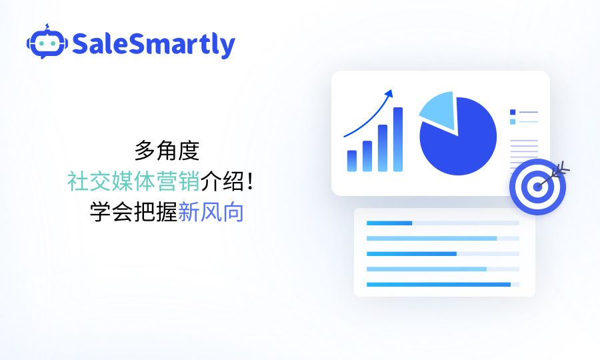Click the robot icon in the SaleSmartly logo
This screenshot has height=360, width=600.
click(x=47, y=43)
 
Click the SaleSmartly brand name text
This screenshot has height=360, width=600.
click(x=153, y=45)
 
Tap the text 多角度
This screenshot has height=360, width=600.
click(x=167, y=151)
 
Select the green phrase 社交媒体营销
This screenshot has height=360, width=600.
click(x=133, y=181)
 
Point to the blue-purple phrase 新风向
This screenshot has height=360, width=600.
click(x=211, y=212)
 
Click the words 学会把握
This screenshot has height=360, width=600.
click(x=133, y=212)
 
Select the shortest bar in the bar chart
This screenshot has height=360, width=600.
click(x=352, y=161)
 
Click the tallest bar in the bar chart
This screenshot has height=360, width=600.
click(x=398, y=139)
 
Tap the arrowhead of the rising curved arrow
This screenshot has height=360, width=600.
click(x=389, y=93)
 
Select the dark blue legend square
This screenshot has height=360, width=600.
click(x=513, y=112)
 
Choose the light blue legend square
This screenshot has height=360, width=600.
click(x=513, y=121)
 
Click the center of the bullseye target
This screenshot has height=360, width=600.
click(x=537, y=187)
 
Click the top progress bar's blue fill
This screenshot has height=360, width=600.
click(x=389, y=223)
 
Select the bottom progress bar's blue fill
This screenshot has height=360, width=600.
click(x=439, y=285)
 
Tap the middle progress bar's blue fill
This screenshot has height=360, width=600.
click(x=411, y=254)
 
